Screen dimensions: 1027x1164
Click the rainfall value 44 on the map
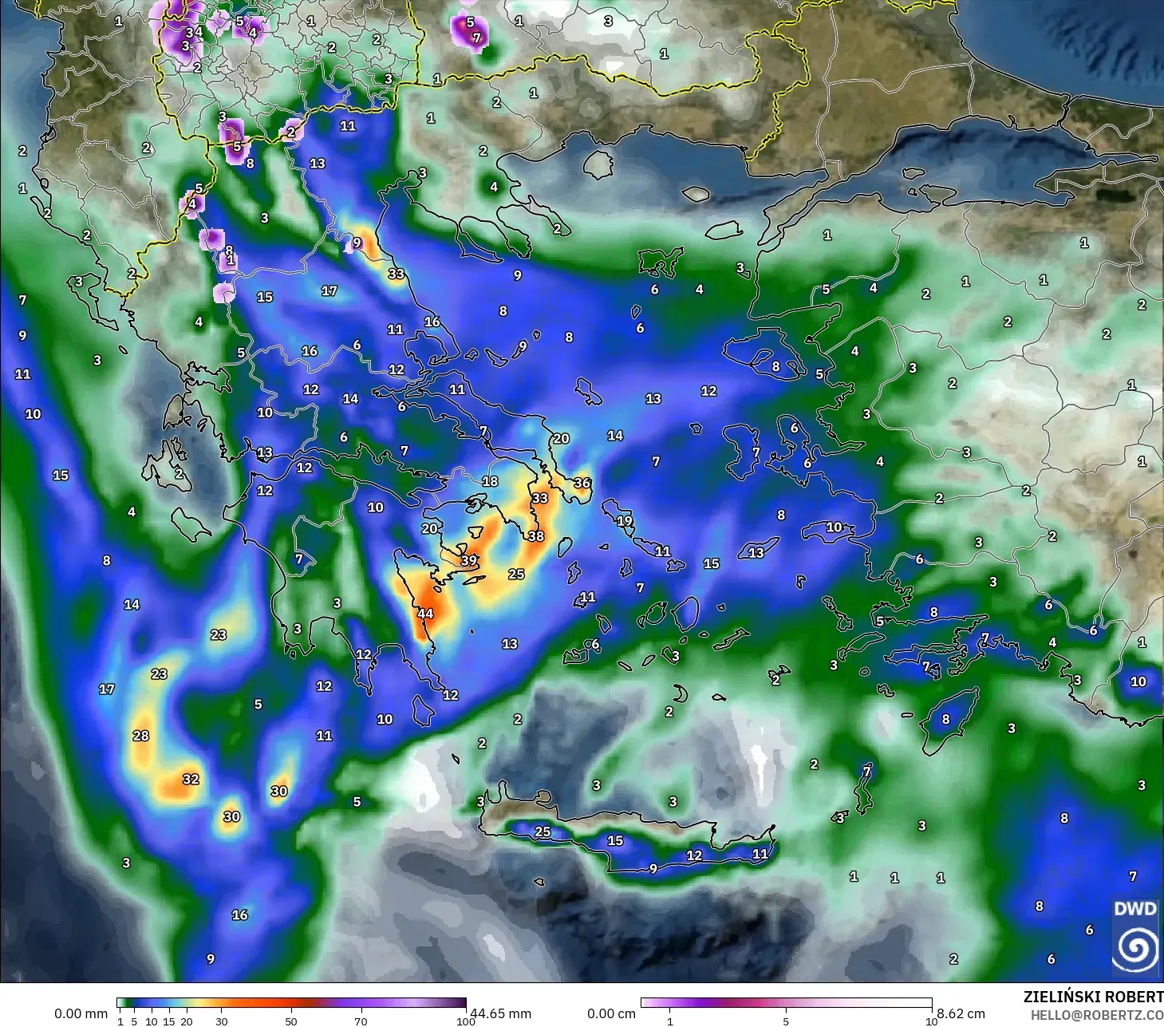pyautogui.click(x=425, y=614)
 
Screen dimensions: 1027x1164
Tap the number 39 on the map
pyautogui.click(x=469, y=560)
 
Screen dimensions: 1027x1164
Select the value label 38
pyautogui.click(x=536, y=536)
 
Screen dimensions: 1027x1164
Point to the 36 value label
pyautogui.click(x=582, y=483)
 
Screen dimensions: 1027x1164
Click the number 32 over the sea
pyautogui.click(x=191, y=779)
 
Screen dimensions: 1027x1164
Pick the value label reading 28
pyautogui.click(x=141, y=736)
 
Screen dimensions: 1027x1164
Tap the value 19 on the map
pyautogui.click(x=625, y=521)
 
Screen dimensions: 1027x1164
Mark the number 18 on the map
pyautogui.click(x=490, y=481)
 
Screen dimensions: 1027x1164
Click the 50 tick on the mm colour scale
pyautogui.click(x=291, y=1021)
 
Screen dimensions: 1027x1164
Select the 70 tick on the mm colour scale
pyautogui.click(x=361, y=1021)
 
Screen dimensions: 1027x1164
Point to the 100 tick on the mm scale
pyautogui.click(x=466, y=1021)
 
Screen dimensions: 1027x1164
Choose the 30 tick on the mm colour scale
pyautogui.click(x=222, y=1021)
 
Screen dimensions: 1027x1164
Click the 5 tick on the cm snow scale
pyautogui.click(x=786, y=1021)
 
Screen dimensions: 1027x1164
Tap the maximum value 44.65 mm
pyautogui.click(x=500, y=1013)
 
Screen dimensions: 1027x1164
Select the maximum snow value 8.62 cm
pyautogui.click(x=961, y=1013)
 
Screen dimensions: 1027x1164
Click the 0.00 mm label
pyautogui.click(x=81, y=1013)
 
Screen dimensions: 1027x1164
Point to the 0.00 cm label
pyautogui.click(x=611, y=1013)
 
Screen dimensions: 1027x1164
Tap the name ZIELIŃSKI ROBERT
pyautogui.click(x=1093, y=997)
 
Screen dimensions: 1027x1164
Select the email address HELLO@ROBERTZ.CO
pyautogui.click(x=1097, y=1014)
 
